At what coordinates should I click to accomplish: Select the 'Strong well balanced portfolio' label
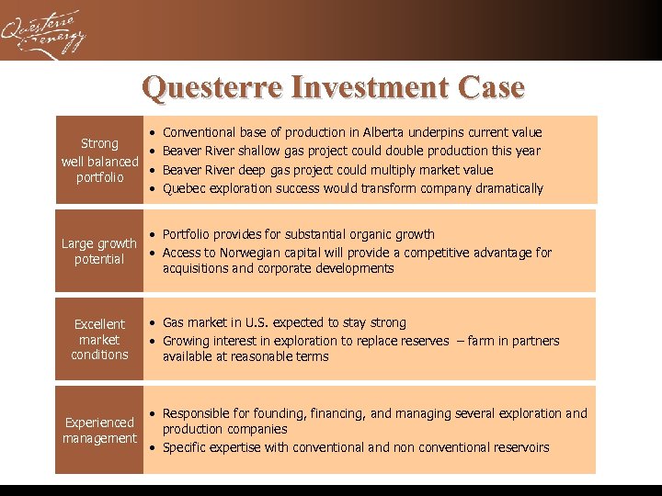(x=99, y=160)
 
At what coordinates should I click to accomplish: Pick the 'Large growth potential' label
(x=99, y=251)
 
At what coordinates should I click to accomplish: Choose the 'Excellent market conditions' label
(x=99, y=339)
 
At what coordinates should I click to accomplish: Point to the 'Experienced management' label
(x=99, y=430)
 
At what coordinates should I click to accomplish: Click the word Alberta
(x=388, y=133)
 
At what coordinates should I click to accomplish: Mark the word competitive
(x=426, y=253)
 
